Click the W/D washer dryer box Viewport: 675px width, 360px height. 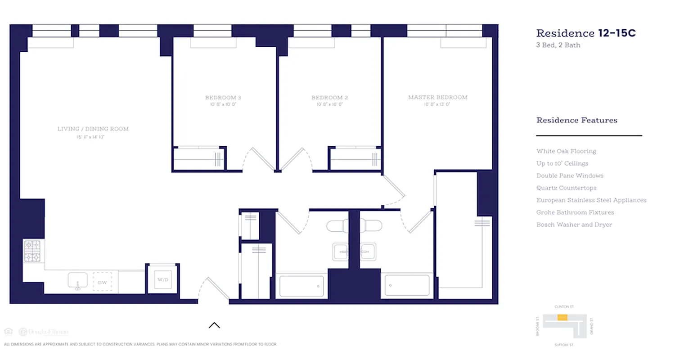(x=162, y=279)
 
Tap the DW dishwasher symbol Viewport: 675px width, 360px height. (x=102, y=282)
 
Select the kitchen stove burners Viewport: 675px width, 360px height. (x=32, y=251)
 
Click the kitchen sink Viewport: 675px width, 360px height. (x=77, y=281)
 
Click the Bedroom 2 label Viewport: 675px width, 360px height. (x=329, y=98)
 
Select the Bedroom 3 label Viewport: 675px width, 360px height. (x=223, y=98)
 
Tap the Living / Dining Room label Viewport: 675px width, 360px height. (x=93, y=129)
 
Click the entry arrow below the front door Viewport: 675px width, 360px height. (x=214, y=325)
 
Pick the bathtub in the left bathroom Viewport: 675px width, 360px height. (x=301, y=286)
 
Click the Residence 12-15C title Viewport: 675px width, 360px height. (x=585, y=33)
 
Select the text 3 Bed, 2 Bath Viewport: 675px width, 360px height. (x=558, y=45)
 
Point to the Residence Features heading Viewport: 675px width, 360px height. (x=576, y=120)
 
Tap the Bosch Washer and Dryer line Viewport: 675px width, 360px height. (x=574, y=225)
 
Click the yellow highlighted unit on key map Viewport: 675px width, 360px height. (x=562, y=318)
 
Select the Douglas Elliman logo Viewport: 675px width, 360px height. (x=43, y=332)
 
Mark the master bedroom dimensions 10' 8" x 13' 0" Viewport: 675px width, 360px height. (x=436, y=104)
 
